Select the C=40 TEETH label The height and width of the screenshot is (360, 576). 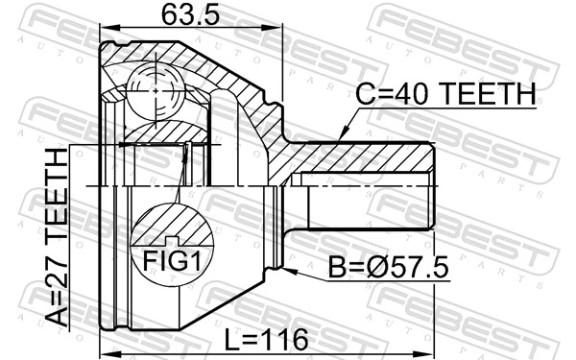coord(447,93)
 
